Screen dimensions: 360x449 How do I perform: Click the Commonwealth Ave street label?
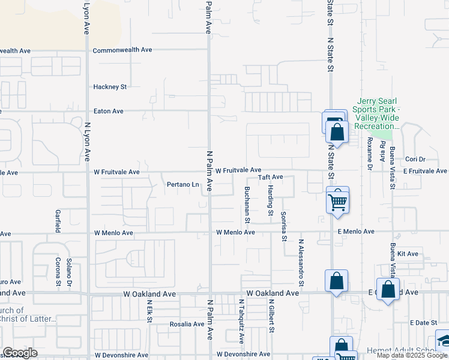[122, 50]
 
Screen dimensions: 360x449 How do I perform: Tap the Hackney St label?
[110, 86]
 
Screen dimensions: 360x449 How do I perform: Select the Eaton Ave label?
[109, 111]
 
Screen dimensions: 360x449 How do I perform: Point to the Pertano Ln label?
[182, 184]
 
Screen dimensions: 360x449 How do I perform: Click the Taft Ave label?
[270, 177]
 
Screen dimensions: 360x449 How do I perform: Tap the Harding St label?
[271, 201]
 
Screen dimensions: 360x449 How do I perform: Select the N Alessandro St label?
[301, 263]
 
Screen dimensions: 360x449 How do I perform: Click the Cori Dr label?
[415, 159]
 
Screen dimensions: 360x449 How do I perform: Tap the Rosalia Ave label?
[187, 324]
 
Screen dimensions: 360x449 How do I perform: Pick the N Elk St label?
[149, 311]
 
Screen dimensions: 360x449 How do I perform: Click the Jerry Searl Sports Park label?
[378, 114]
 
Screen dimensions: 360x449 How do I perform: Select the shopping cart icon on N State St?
[338, 202]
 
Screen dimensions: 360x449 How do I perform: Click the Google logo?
[20, 353]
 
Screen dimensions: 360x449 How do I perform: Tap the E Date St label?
[424, 323]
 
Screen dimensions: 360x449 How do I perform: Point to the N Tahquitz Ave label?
[242, 321]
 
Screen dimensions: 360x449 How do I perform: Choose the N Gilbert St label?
[272, 317]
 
